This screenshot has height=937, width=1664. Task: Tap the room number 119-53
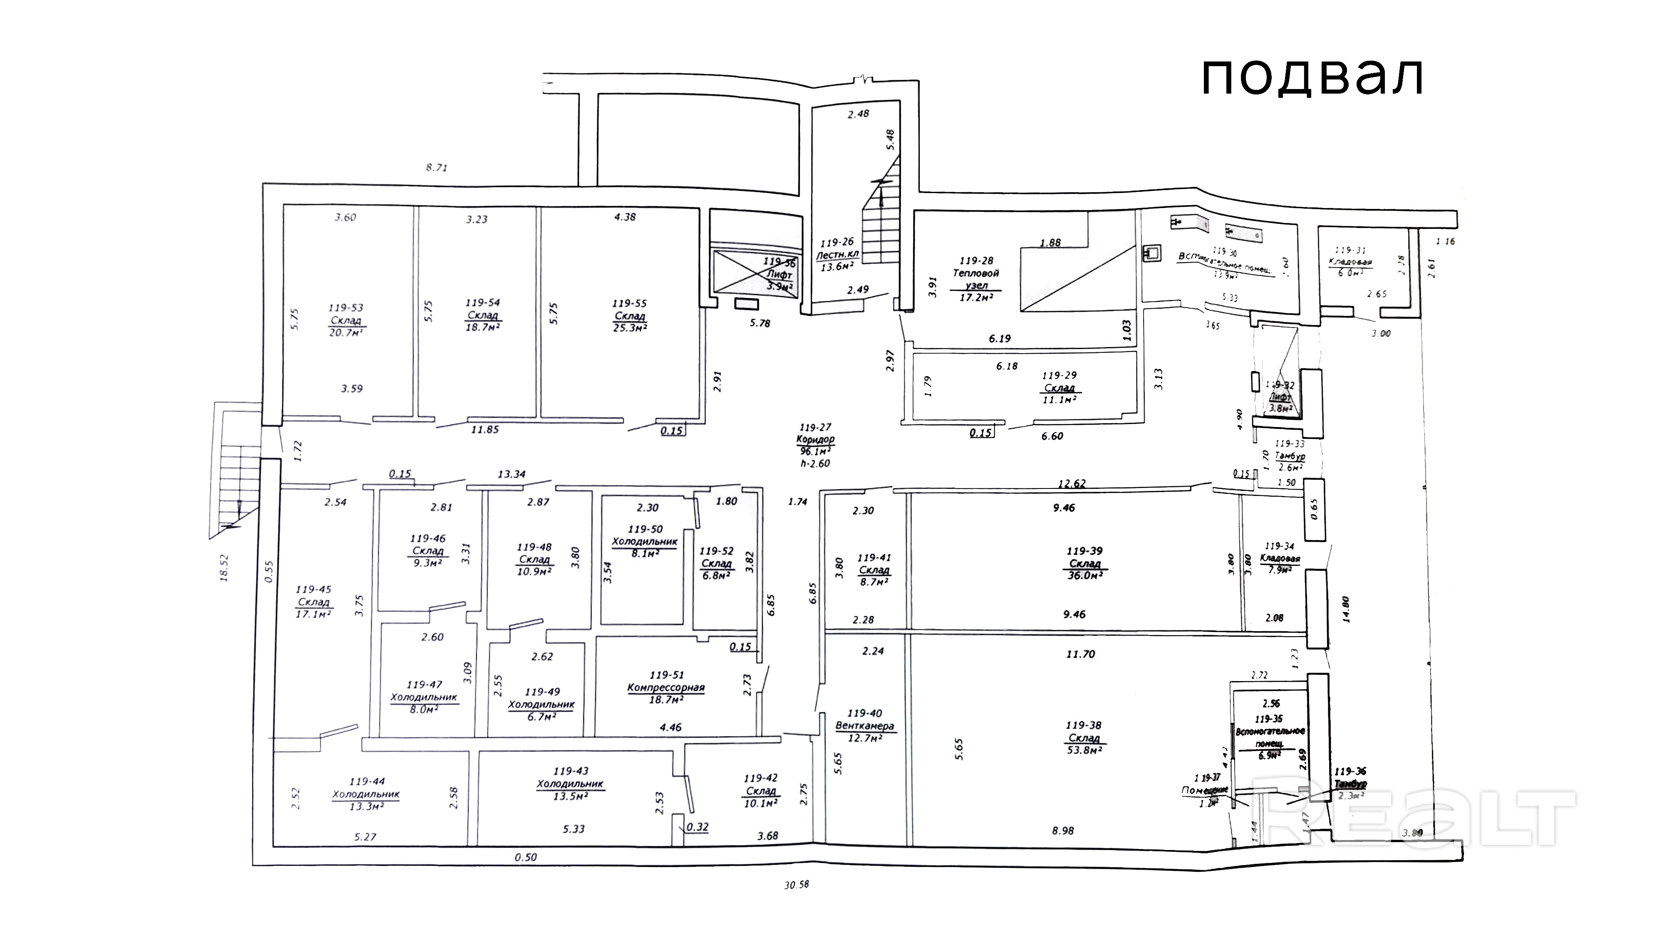346,308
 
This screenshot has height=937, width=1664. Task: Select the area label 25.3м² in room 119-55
630,327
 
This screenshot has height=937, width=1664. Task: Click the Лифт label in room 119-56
779,275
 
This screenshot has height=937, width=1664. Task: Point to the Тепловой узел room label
976,278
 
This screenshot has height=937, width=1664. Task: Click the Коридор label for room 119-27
815,439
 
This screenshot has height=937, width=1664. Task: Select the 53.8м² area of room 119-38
1084,750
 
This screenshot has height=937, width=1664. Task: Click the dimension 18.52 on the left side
224,568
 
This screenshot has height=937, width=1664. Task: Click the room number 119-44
366,781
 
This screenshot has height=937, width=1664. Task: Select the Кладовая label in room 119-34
1280,558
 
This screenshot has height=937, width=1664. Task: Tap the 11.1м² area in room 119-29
1060,400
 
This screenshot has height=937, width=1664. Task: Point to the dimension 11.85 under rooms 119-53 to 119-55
485,429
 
